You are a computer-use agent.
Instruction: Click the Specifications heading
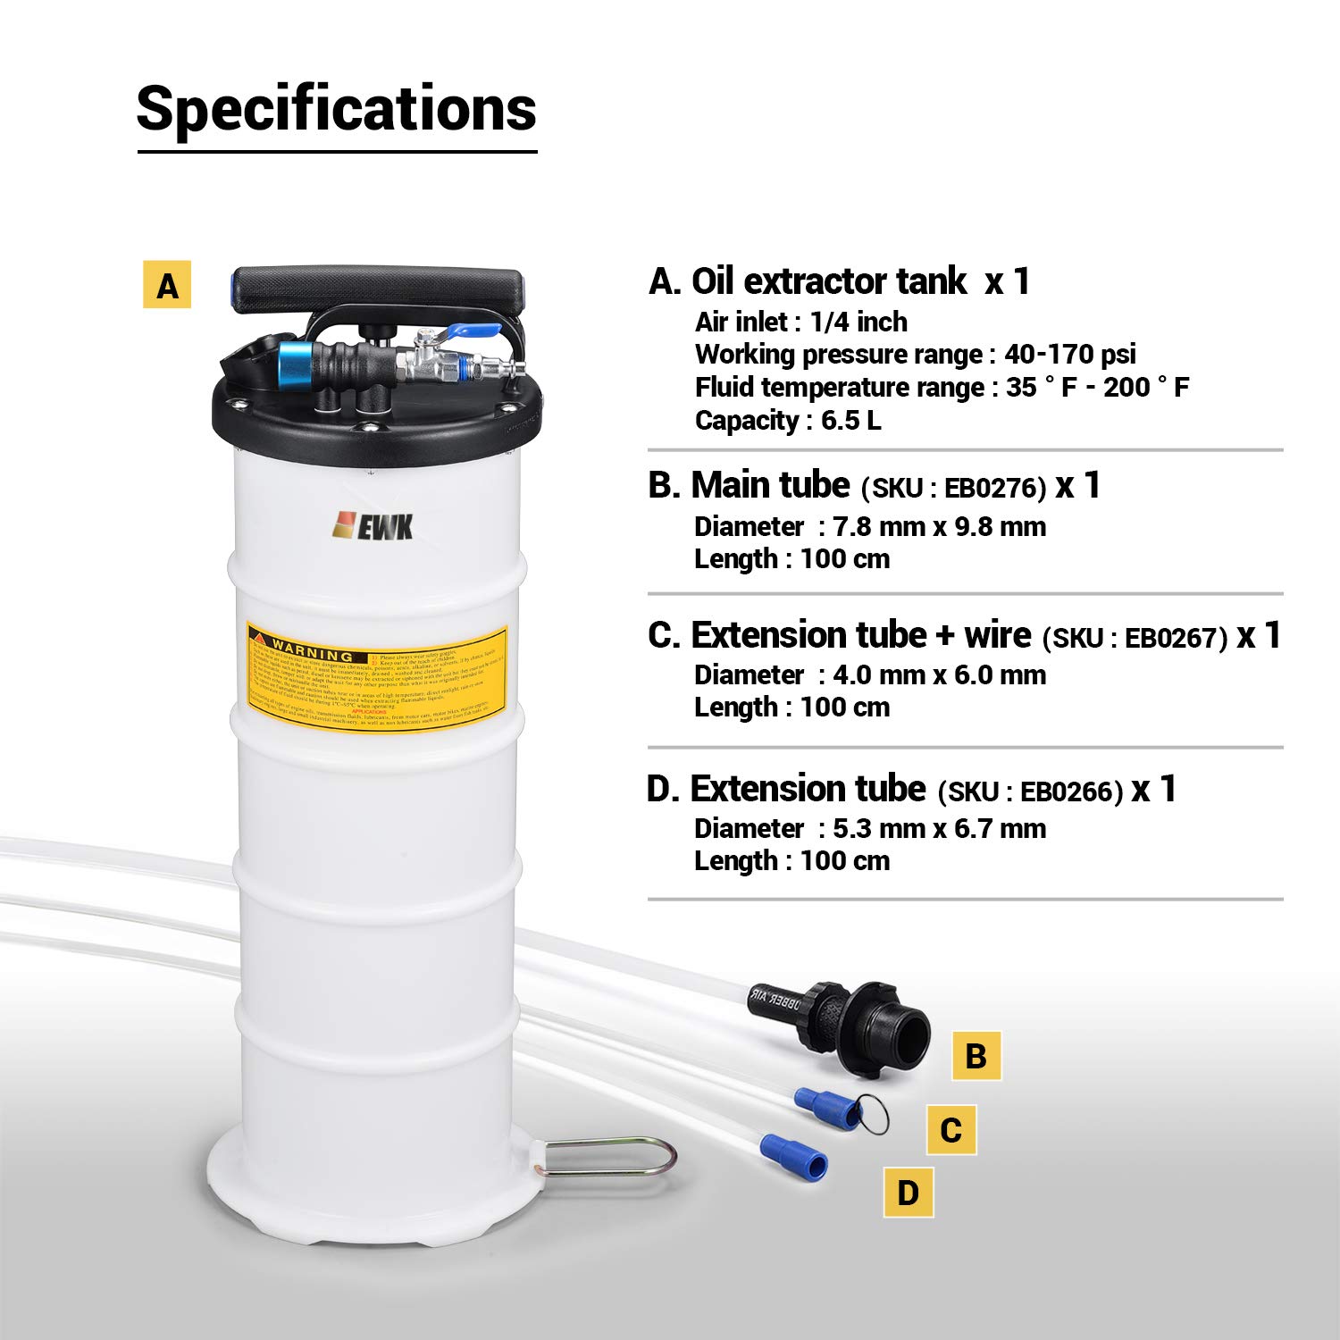click(336, 109)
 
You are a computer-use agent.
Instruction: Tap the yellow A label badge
click(167, 285)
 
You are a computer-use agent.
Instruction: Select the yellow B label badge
click(976, 1055)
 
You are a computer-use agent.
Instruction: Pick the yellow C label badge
click(951, 1129)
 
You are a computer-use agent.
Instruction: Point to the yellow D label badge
click(908, 1192)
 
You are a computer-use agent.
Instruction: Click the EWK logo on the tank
click(373, 526)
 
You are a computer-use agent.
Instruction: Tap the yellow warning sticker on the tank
click(377, 676)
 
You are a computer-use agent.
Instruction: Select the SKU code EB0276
click(994, 488)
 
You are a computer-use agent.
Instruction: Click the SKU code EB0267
click(1175, 638)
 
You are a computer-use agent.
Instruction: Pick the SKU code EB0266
click(1070, 791)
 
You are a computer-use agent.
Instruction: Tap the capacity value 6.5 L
click(850, 420)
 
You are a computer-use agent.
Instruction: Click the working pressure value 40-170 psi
click(1069, 354)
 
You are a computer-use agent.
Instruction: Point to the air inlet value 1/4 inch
click(858, 322)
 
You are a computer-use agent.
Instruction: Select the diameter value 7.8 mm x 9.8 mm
click(939, 526)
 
